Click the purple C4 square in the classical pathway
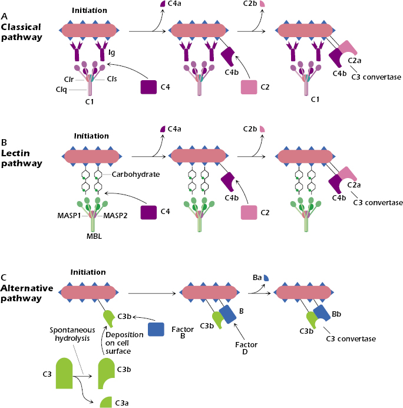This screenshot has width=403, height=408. (x=148, y=87)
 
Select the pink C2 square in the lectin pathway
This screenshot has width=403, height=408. (x=250, y=213)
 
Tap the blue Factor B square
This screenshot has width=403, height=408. (x=156, y=330)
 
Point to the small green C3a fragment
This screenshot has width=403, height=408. (x=106, y=402)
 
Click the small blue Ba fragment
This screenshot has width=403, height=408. (x=266, y=277)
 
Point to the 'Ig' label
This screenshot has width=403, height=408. (x=111, y=53)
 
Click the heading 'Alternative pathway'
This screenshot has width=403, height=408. (x=27, y=293)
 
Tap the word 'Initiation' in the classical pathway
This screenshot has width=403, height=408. (x=89, y=11)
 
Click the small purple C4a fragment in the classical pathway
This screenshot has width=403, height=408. (x=163, y=4)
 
